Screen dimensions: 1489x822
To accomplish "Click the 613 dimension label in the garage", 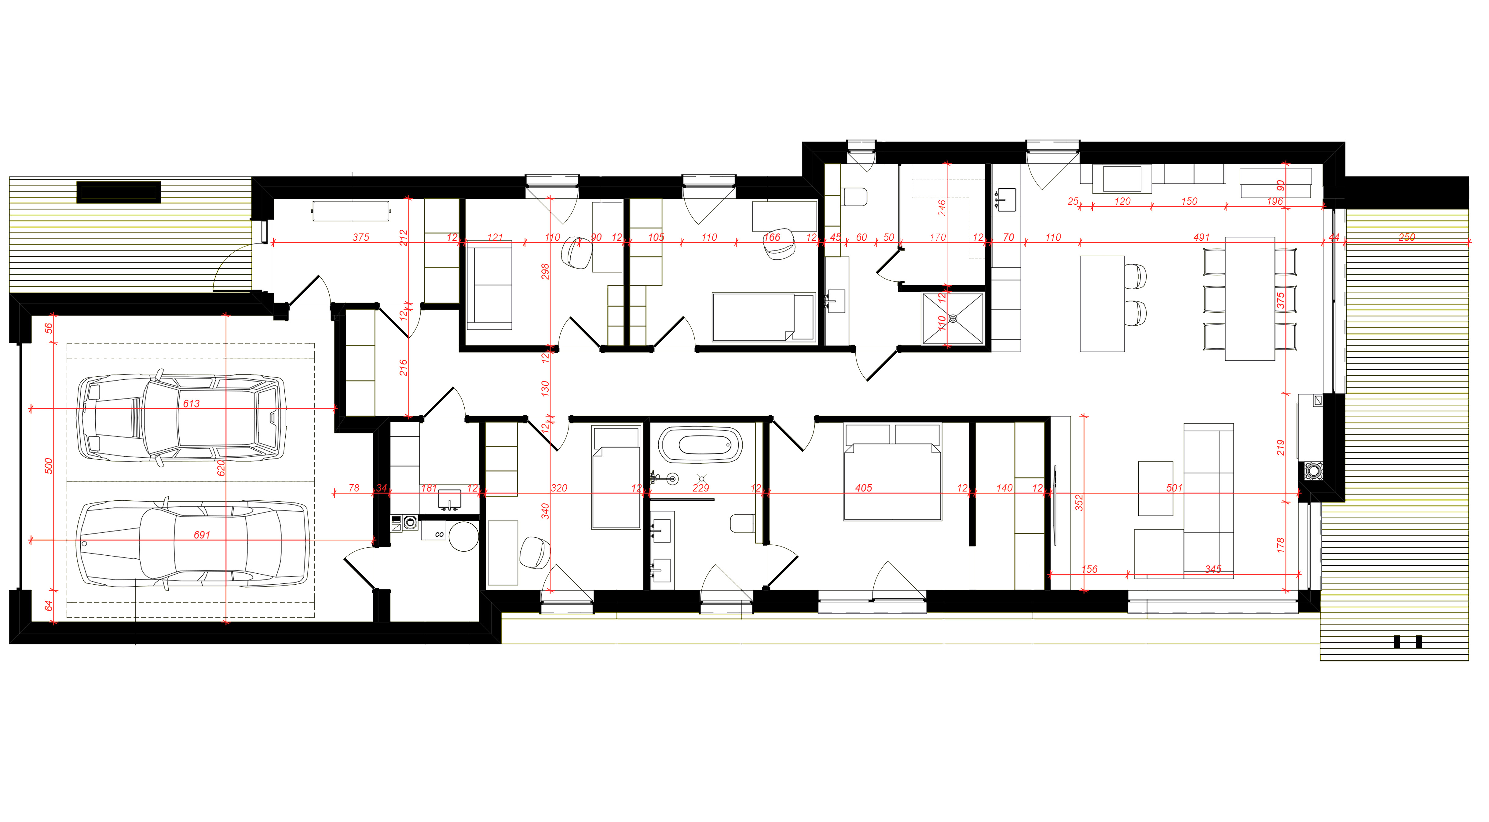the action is pyautogui.click(x=191, y=404).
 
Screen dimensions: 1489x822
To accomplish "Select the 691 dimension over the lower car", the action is pyautogui.click(x=202, y=535).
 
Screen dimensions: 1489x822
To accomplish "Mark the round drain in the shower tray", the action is pyautogui.click(x=953, y=319).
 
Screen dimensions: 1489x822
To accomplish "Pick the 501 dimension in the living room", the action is pyautogui.click(x=1174, y=488).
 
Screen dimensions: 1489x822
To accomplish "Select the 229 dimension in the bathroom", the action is pyautogui.click(x=701, y=488).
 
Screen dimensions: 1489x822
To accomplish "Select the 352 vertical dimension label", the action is pyautogui.click(x=1079, y=502).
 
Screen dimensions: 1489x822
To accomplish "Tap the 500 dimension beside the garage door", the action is pyautogui.click(x=49, y=466).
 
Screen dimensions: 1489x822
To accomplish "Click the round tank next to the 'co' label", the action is pyautogui.click(x=463, y=536).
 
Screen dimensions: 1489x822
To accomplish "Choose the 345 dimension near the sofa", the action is pyautogui.click(x=1213, y=569).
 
